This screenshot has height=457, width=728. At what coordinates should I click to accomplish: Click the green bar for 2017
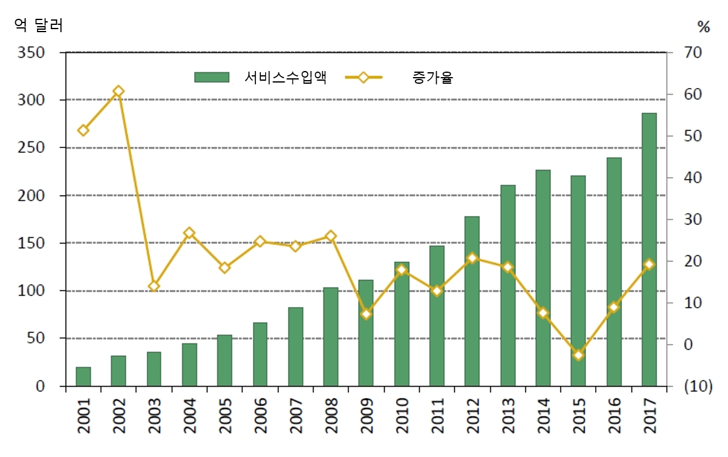point(649,249)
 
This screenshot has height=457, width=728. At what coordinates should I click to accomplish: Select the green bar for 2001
point(83,376)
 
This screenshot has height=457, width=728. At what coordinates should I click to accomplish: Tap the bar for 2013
point(508,285)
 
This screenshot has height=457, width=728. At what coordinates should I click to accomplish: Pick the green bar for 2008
point(331,337)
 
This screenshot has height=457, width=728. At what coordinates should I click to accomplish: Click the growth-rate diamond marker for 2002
point(118,92)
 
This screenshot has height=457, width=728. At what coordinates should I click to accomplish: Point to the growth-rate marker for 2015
point(578,355)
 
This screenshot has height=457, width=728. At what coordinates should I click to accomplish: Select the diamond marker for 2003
point(154,286)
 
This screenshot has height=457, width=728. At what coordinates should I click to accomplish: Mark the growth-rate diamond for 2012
point(473,258)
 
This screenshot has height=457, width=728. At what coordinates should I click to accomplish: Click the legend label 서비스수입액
point(286,77)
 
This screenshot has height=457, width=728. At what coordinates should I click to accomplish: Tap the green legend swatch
point(212,77)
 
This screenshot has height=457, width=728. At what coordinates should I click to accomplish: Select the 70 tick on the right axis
point(692,52)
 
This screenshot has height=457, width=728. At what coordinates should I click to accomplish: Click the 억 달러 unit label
point(38,25)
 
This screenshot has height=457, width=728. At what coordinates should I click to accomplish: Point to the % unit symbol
point(703,26)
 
